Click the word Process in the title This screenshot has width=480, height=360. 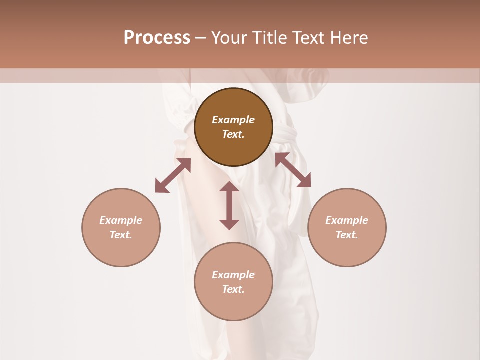point(157,38)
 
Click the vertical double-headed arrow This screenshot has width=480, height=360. point(229,206)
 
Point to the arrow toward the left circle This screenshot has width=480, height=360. point(173,175)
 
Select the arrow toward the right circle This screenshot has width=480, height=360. point(293,170)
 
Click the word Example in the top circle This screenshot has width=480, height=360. point(233,120)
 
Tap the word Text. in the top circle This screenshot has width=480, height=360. point(233,134)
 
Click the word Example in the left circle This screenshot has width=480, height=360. point(121,220)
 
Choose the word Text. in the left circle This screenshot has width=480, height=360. point(121,235)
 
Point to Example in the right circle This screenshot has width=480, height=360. point(347,220)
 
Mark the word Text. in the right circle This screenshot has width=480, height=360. point(347,235)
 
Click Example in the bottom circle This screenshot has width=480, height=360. point(233,275)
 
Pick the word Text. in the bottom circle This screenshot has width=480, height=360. point(233,289)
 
